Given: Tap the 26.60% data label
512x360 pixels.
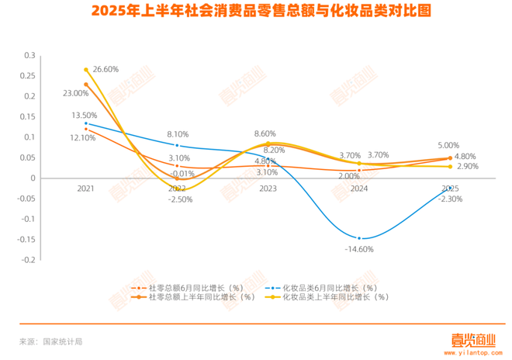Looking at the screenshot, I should [106, 68].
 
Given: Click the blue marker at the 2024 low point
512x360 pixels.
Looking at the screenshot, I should [359, 238].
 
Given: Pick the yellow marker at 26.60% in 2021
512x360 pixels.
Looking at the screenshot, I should [86, 70].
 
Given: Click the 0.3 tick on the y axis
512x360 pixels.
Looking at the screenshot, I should [30, 56].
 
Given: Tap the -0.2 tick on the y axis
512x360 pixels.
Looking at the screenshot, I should [28, 260].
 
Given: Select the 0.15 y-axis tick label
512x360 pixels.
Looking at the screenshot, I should [28, 117].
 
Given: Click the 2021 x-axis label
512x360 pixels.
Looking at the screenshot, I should [85, 189].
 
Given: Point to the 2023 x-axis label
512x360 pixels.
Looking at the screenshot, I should [268, 189].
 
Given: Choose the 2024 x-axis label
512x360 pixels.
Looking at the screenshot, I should [359, 189].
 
